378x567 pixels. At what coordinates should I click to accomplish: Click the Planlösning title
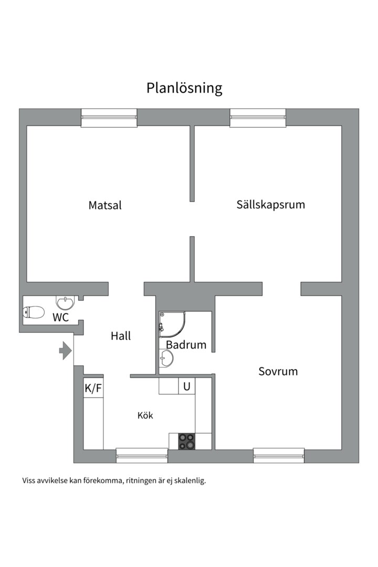[184, 88]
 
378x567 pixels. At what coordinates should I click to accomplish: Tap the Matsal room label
[105, 205]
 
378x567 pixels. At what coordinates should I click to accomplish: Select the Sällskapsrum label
[270, 204]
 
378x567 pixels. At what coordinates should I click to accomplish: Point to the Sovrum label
[278, 372]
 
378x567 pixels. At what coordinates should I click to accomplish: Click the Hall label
[121, 336]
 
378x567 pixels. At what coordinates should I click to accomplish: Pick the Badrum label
[186, 345]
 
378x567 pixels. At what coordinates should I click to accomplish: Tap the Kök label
[145, 415]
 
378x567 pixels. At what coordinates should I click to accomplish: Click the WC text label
[60, 317]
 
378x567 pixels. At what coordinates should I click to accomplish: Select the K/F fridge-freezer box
[93, 388]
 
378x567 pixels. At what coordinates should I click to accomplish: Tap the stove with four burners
[186, 441]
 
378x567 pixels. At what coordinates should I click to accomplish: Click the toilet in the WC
[34, 313]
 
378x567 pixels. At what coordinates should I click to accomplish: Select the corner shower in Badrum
[171, 324]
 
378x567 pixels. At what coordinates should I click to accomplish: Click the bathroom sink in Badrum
[167, 359]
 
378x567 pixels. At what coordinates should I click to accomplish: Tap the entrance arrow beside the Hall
[65, 350]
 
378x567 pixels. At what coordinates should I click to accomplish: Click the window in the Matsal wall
[109, 118]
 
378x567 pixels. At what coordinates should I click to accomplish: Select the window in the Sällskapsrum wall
[258, 118]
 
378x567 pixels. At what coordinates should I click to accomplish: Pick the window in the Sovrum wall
[279, 455]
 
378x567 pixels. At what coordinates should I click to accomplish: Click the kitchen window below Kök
[142, 455]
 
